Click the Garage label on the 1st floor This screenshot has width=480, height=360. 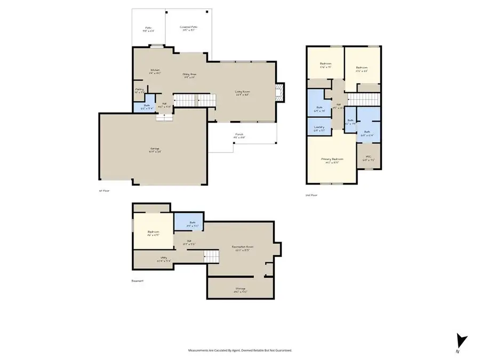pyautogui.click(x=155, y=149)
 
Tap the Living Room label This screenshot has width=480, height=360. pyautogui.click(x=243, y=93)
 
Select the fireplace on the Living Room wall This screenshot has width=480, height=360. pyautogui.click(x=278, y=93)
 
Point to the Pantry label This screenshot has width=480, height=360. pyautogui.click(x=139, y=91)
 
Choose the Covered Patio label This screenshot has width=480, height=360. pyautogui.click(x=188, y=28)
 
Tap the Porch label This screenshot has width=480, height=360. pyautogui.click(x=239, y=135)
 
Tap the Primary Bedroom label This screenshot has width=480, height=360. pyautogui.click(x=332, y=160)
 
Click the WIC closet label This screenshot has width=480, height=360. pyautogui.click(x=368, y=158)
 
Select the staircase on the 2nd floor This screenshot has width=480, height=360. pyautogui.click(x=363, y=100)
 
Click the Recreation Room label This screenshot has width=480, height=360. pyautogui.click(x=242, y=248)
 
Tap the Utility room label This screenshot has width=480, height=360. pyautogui.click(x=164, y=259)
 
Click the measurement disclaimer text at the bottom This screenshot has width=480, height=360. pyautogui.click(x=239, y=350)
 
